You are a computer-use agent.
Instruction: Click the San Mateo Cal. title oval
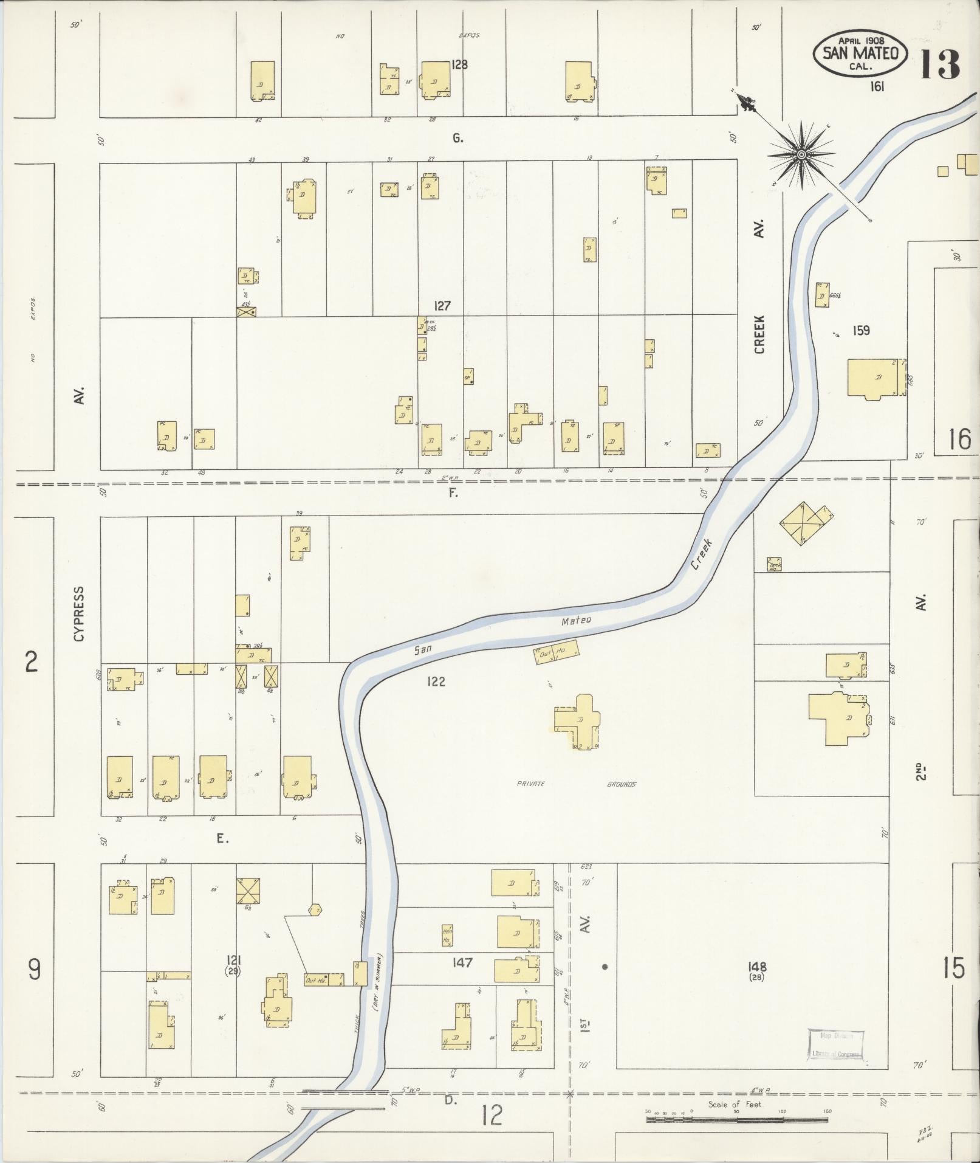860,54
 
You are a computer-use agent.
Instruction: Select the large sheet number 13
939,64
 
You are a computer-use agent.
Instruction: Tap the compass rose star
801,155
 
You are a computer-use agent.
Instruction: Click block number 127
442,306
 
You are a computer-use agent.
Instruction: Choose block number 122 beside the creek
436,682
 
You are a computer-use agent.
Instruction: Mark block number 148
758,966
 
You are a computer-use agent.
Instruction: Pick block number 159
861,331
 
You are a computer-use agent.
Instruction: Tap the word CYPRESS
79,614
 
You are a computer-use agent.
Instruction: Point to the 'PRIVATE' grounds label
531,784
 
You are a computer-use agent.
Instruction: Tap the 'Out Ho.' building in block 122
556,654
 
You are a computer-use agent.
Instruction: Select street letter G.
457,139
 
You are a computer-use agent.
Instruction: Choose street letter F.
453,493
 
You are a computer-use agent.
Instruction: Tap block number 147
462,963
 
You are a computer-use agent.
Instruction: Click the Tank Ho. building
774,565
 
